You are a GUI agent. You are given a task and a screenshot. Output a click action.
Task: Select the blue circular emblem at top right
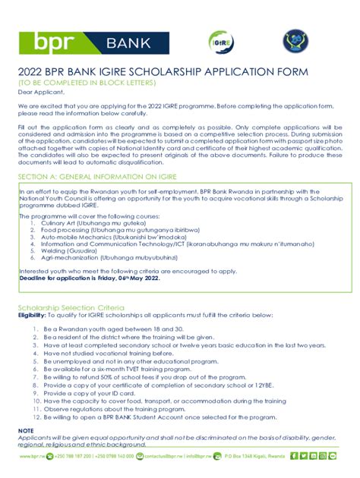coord(295,42)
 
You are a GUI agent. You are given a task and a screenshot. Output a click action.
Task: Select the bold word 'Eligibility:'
coord(33,314)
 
